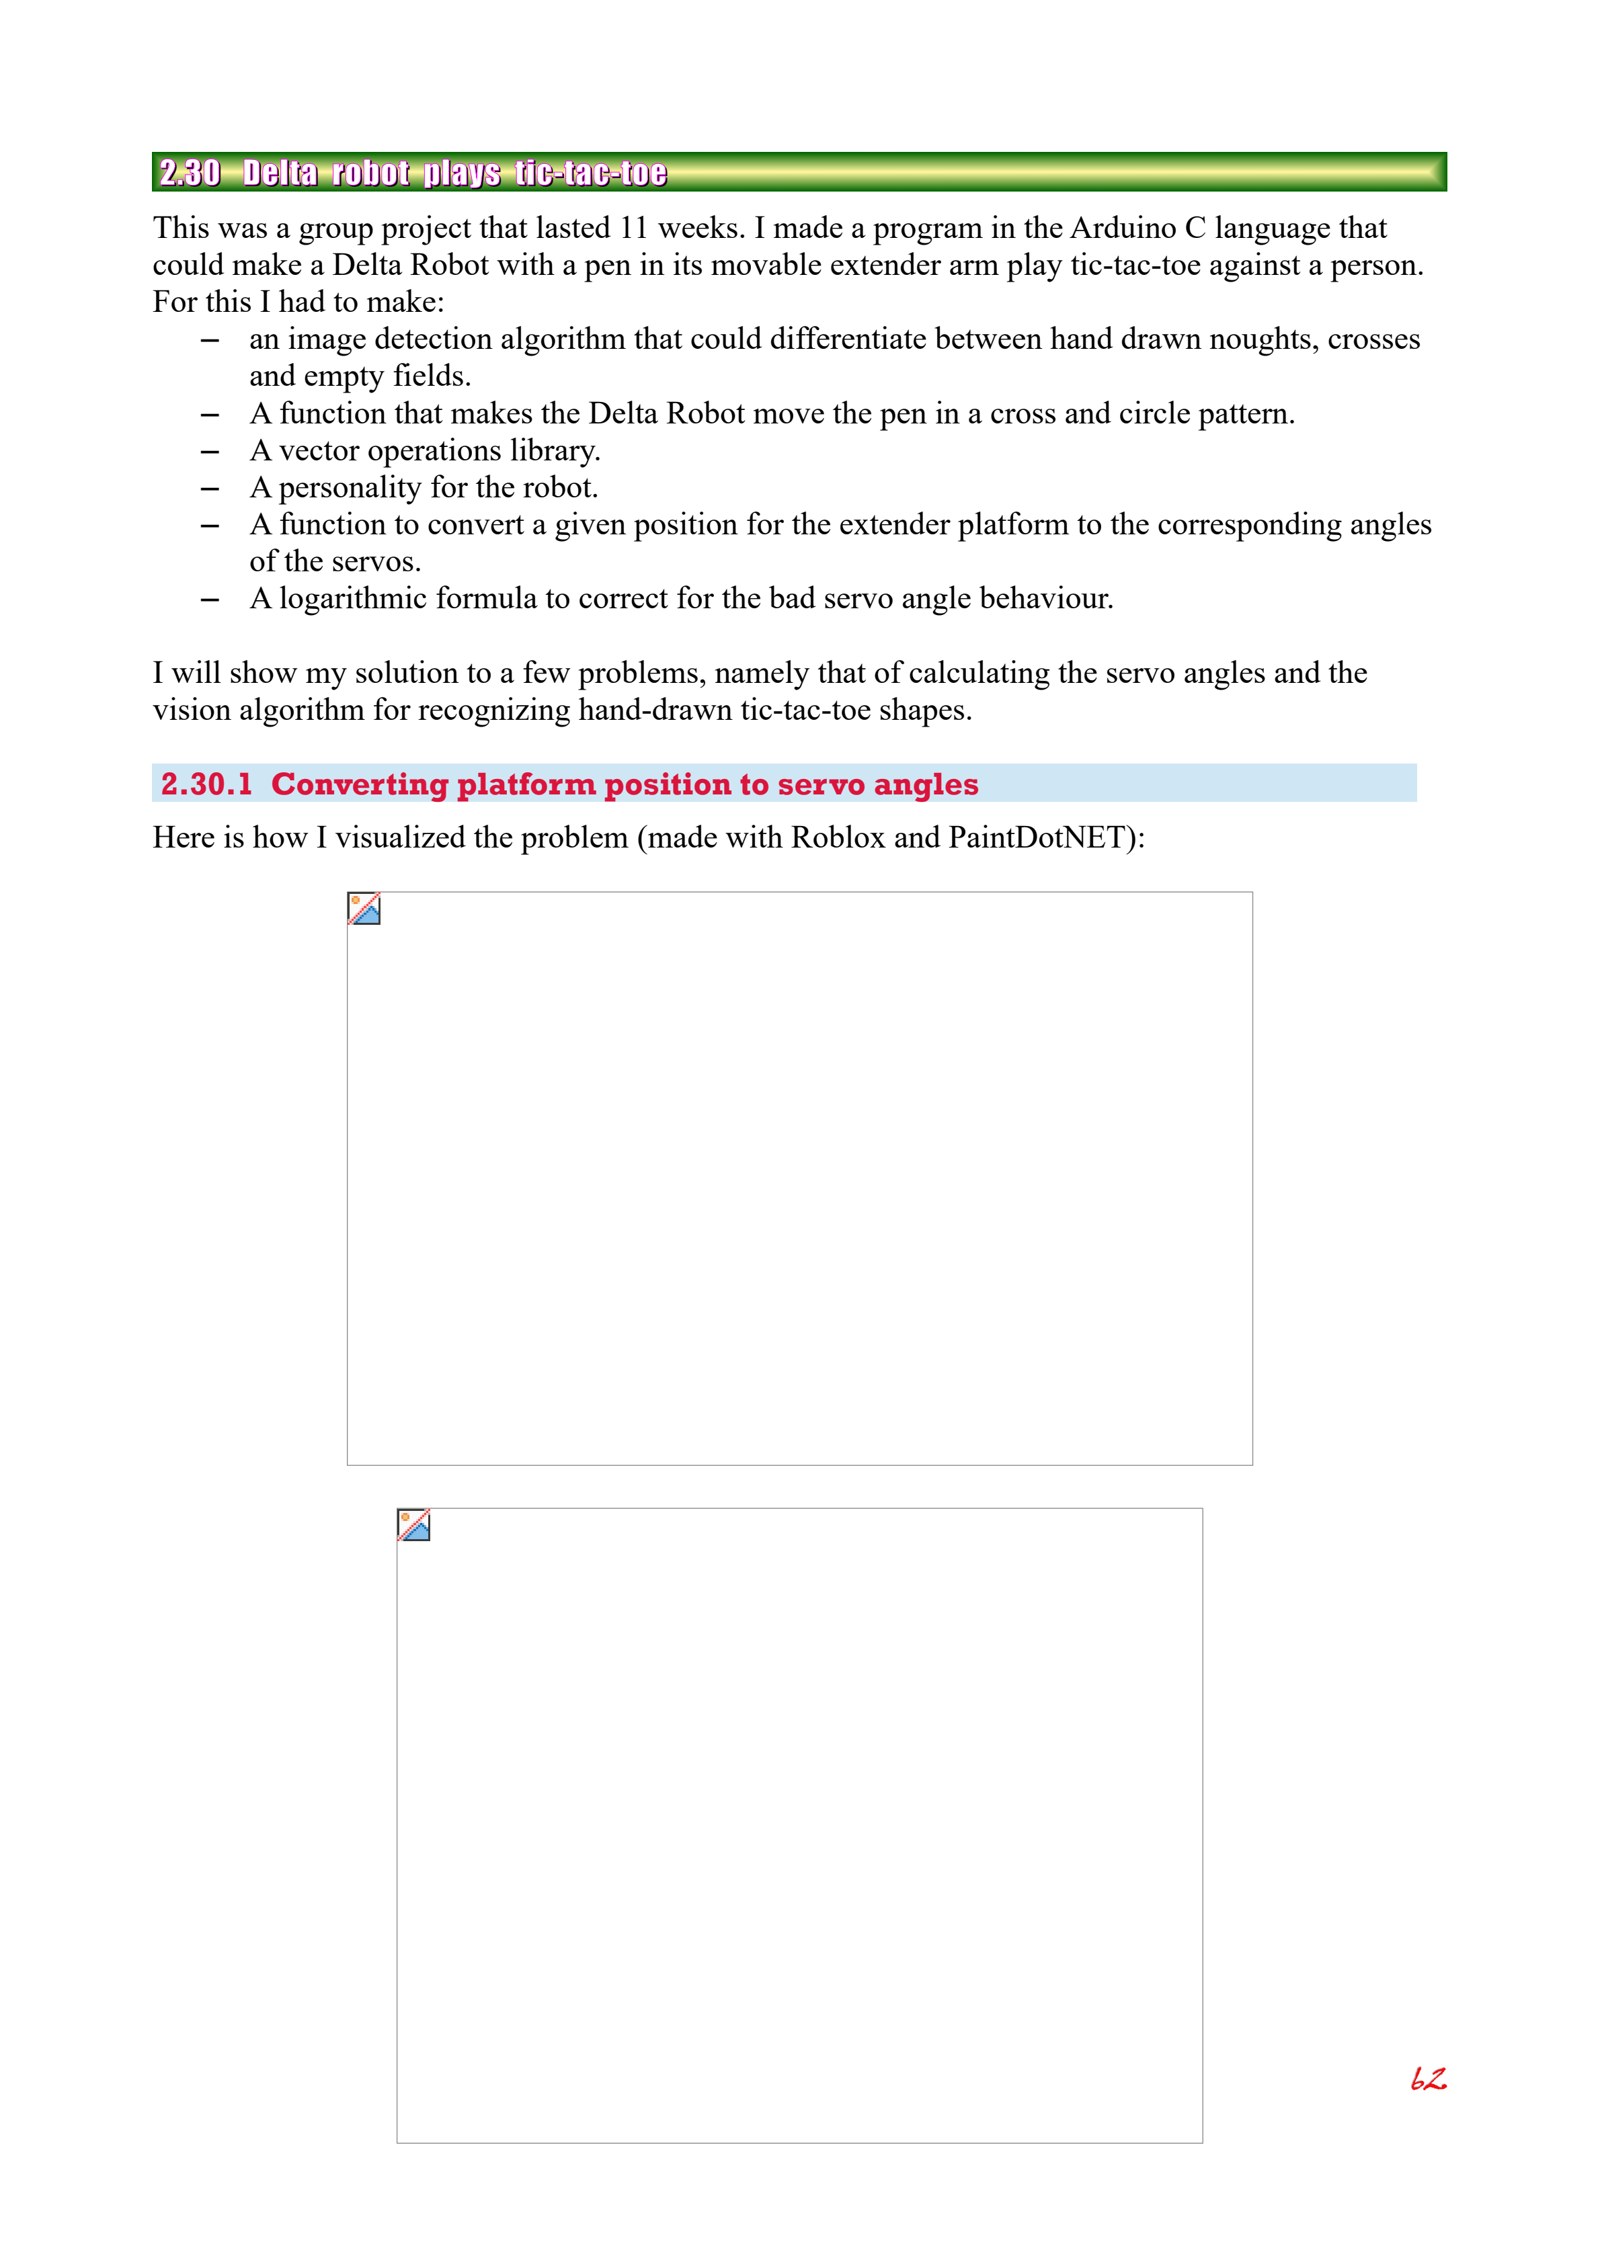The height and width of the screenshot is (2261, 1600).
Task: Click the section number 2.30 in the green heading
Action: (190, 173)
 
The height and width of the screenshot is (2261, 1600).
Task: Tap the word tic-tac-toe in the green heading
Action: (591, 173)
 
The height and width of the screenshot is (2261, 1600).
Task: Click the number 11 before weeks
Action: (633, 229)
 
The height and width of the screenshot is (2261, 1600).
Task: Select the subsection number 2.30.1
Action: (207, 785)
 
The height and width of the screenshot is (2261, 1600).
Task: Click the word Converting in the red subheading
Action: (358, 785)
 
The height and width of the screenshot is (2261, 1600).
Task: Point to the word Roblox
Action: (838, 838)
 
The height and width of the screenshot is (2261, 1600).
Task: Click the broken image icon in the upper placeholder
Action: (364, 909)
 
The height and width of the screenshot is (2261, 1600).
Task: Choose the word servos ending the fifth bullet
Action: (378, 563)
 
